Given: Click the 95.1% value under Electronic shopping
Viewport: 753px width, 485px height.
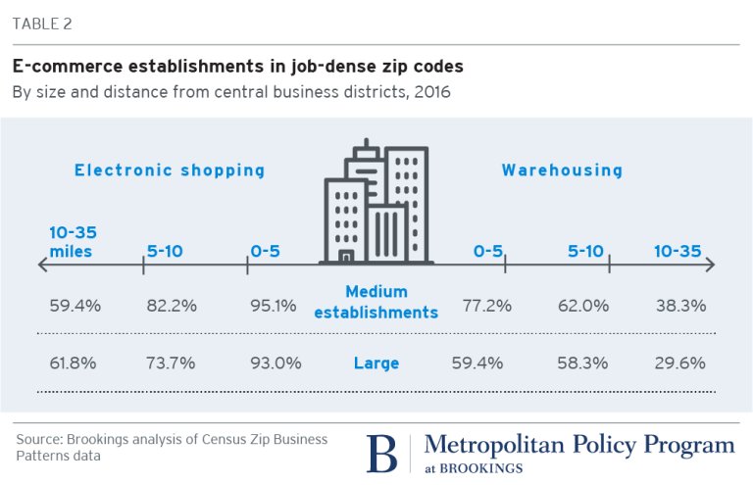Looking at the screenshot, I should click(273, 305).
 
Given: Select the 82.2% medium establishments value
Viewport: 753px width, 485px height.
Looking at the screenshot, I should click(171, 305).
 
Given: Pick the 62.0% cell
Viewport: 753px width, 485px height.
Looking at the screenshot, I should click(584, 305).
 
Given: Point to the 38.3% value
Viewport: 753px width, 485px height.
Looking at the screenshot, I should click(681, 305).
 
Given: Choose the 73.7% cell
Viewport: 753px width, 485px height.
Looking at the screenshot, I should click(171, 364).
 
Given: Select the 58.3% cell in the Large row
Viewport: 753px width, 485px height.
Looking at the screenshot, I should click(584, 364).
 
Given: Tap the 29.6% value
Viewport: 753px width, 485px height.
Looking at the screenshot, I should click(681, 364).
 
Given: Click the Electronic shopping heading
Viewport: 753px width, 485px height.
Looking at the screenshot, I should click(170, 170).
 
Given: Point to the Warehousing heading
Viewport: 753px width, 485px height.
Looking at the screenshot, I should click(562, 170).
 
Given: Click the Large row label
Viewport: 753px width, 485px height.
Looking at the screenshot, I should click(376, 364).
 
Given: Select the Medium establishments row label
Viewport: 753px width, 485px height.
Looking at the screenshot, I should click(390, 302).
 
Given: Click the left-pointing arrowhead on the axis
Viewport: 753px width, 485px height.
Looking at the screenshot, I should click(41, 265).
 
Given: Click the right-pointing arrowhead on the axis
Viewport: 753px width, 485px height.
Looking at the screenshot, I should click(712, 265).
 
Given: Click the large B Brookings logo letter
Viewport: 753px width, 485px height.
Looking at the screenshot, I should click(383, 453).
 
